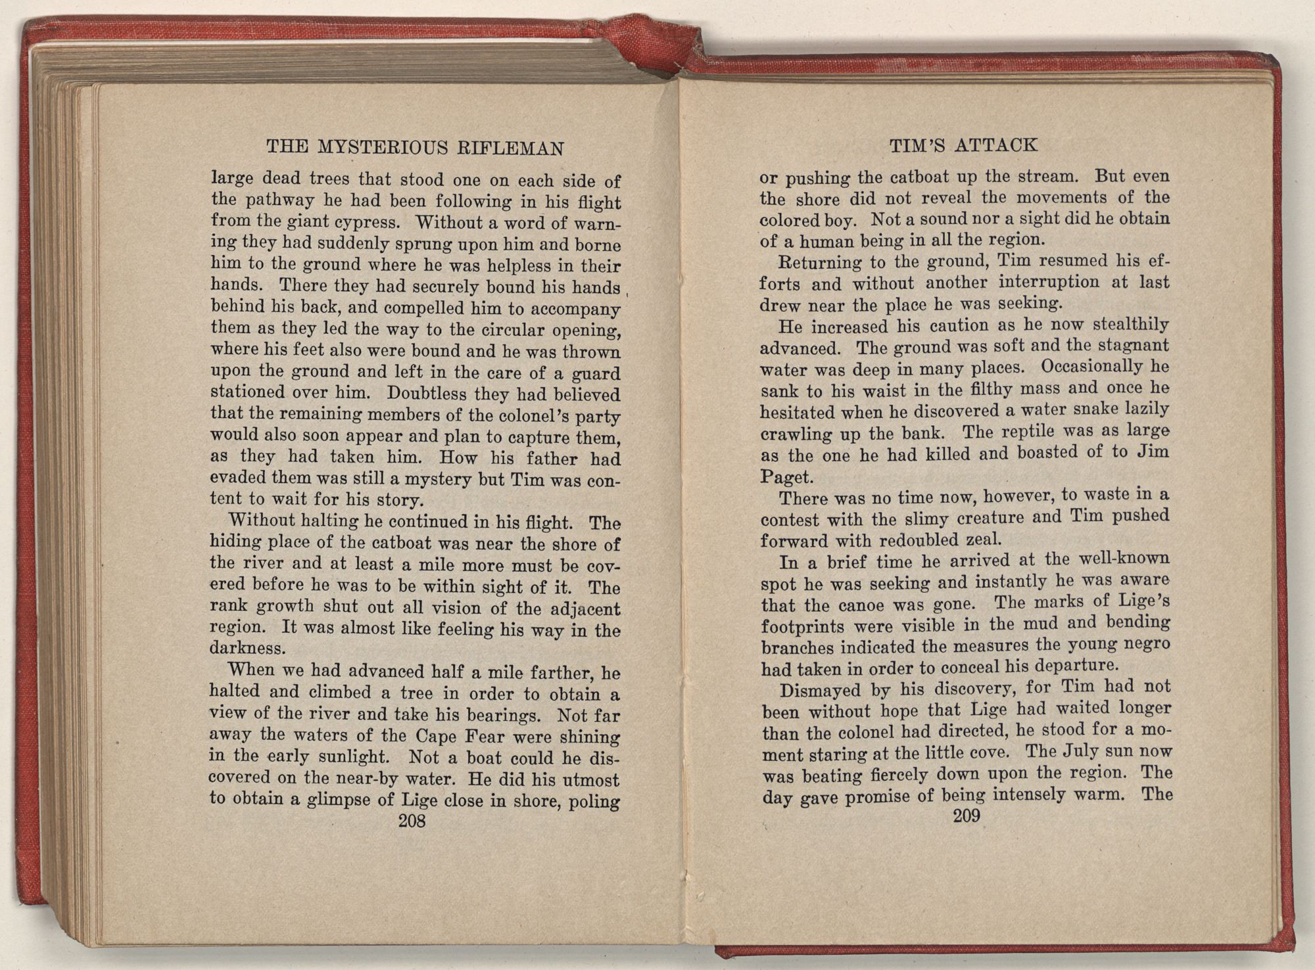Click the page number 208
click(412, 820)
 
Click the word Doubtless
click(428, 394)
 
